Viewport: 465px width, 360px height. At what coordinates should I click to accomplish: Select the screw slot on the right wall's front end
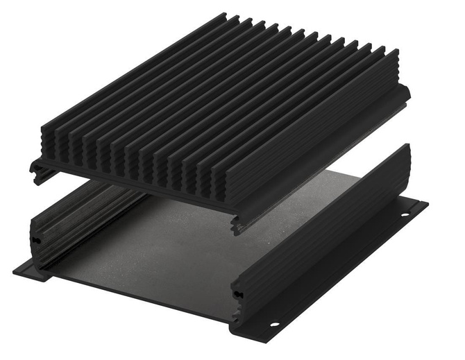[x=239, y=293]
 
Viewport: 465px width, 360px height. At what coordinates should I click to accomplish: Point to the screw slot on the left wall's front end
[x=37, y=239]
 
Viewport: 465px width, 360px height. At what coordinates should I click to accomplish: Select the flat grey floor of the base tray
[x=174, y=243]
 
